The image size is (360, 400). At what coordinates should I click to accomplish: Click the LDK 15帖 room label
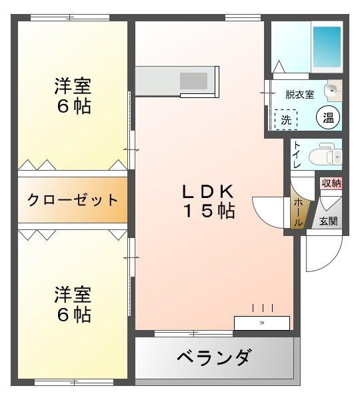click(208, 201)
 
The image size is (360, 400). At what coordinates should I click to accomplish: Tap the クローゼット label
click(73, 200)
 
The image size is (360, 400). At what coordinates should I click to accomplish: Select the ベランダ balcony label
click(214, 358)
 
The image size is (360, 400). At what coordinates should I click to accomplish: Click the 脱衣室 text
click(299, 95)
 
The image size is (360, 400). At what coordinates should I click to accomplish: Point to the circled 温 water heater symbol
click(328, 119)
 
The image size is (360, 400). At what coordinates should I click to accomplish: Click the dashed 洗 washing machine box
click(285, 120)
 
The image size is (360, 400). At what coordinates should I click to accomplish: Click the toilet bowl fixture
click(327, 154)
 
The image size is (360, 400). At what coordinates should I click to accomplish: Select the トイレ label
click(297, 155)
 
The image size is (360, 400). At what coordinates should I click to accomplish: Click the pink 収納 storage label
click(331, 183)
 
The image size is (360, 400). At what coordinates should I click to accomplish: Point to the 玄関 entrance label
click(328, 221)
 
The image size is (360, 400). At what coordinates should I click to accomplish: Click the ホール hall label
click(297, 212)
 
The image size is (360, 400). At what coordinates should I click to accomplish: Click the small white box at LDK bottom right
click(261, 323)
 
